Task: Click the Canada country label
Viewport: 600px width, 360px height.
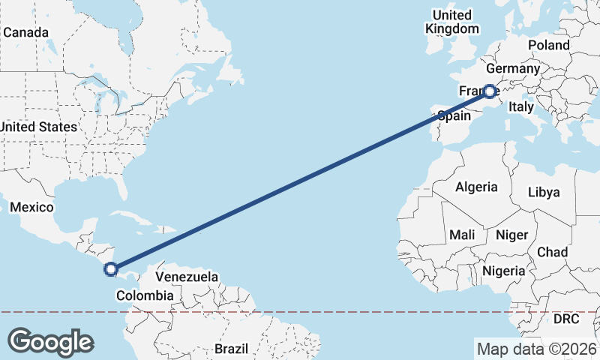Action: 26,33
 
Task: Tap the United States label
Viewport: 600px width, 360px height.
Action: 38,127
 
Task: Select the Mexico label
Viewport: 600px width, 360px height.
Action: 31,207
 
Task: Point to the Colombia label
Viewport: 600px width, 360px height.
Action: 145,295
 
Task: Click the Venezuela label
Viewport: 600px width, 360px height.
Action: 187,277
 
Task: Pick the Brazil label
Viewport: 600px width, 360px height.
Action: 231,349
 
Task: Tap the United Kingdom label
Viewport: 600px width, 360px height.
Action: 451,22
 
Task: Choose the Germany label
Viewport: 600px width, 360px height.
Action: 517,69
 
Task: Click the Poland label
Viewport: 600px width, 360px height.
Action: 548,45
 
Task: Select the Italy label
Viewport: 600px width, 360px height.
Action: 520,107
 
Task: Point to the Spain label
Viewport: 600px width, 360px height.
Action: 454,116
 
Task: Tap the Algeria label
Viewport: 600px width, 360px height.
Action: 476,187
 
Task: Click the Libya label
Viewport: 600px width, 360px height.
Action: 544,192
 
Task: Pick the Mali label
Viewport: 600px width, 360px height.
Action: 462,235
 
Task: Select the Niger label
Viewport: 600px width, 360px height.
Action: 512,235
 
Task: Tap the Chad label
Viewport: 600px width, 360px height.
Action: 552,252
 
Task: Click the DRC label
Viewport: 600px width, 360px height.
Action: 566,319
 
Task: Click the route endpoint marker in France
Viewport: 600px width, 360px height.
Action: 489,91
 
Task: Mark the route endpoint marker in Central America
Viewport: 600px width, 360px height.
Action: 111,268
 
